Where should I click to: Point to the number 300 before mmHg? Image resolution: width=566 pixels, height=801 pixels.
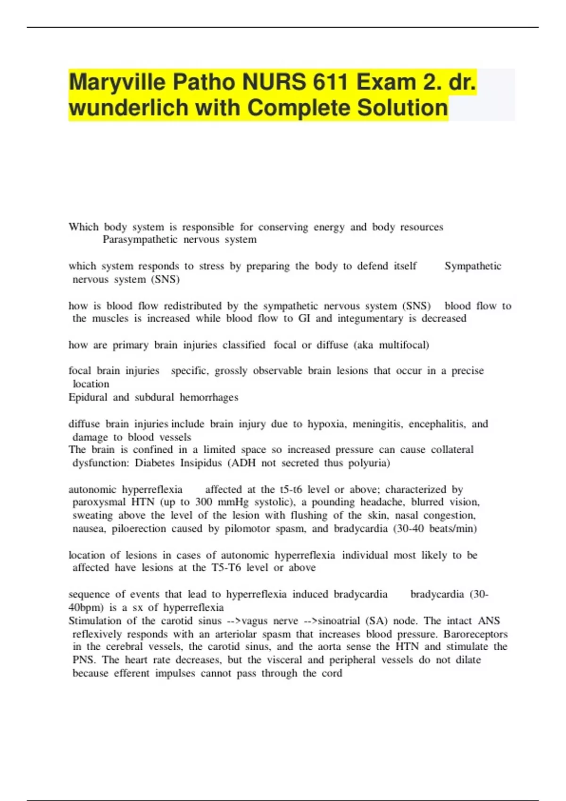(x=203, y=502)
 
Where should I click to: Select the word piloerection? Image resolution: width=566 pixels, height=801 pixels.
(x=139, y=529)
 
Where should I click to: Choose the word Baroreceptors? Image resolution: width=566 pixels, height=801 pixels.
(x=475, y=634)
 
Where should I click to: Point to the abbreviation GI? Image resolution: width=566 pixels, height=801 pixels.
(x=304, y=319)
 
